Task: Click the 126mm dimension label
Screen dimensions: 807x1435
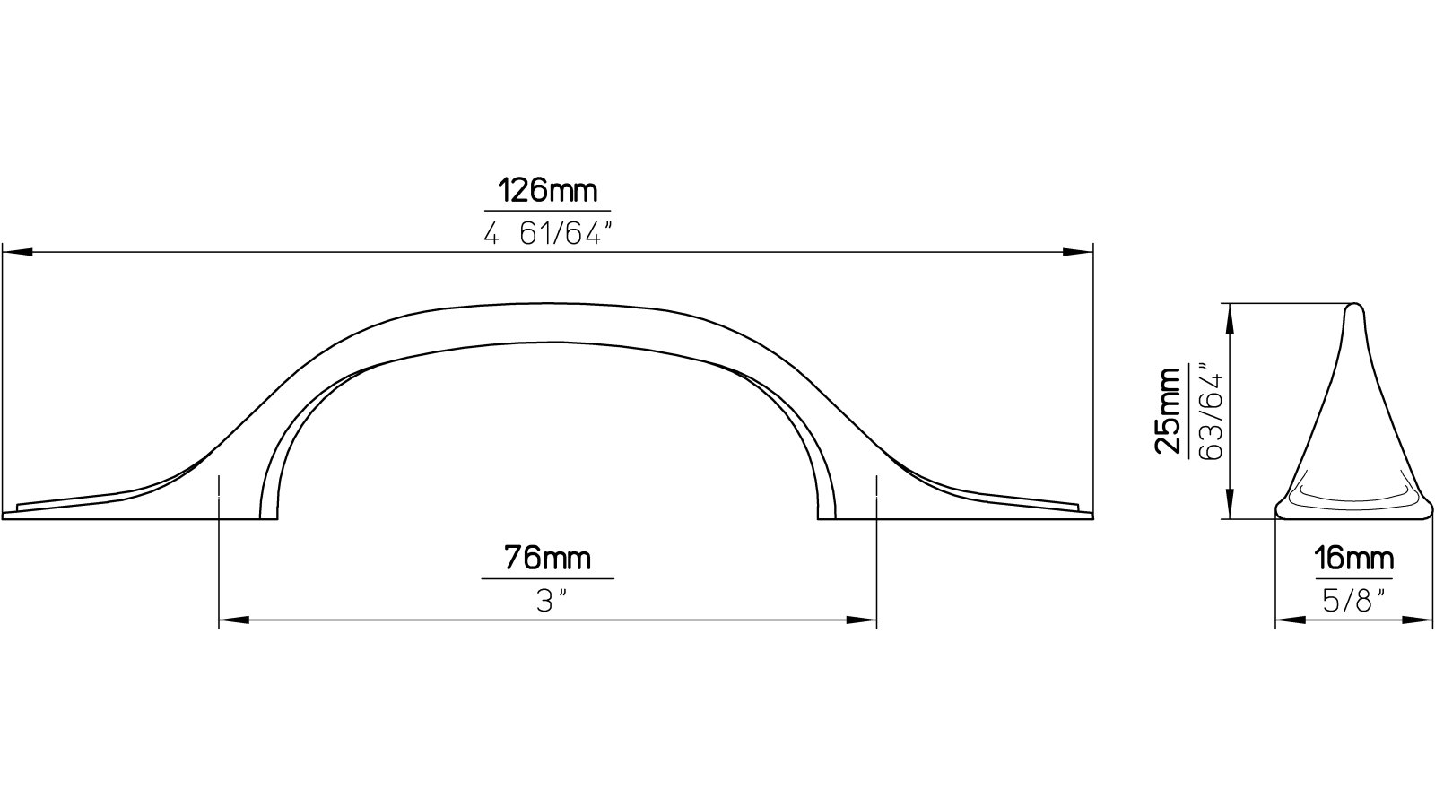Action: click(547, 192)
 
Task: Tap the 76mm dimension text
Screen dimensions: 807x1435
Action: click(547, 558)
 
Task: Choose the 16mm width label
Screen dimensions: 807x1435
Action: click(1353, 559)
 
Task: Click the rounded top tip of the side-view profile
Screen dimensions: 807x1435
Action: click(1353, 307)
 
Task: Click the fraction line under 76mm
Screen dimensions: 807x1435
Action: click(547, 578)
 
